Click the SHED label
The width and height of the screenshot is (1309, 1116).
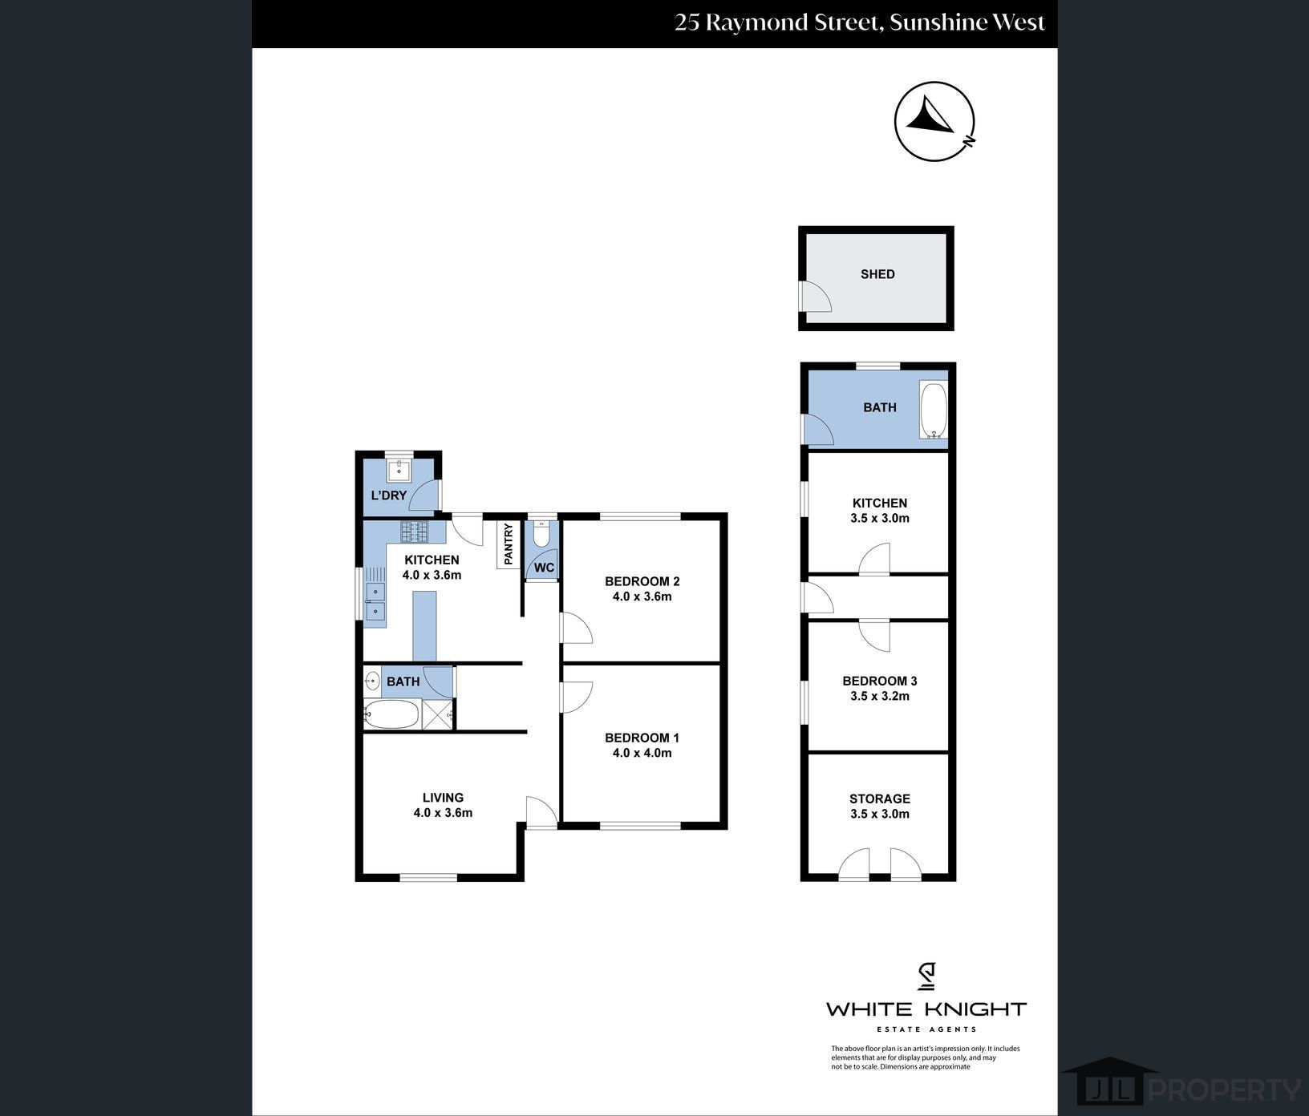[x=877, y=274]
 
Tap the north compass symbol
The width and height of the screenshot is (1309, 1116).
[x=934, y=122]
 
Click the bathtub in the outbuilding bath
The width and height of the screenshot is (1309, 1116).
[x=933, y=412]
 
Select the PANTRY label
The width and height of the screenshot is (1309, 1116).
[x=509, y=544]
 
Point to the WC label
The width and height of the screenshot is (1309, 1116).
[x=544, y=568]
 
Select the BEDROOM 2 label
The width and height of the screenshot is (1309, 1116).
[x=642, y=581]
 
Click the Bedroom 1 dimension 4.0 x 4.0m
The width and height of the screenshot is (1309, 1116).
[x=642, y=753]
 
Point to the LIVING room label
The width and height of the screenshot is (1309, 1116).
[x=444, y=798]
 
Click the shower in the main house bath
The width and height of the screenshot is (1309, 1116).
[x=437, y=714]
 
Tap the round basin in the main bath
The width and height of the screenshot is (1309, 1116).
[x=372, y=681]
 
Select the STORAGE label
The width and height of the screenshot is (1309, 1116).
[x=880, y=799]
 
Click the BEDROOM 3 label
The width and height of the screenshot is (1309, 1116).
[x=880, y=681]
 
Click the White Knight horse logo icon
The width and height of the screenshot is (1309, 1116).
[x=926, y=976]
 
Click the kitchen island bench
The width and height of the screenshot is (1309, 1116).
[x=424, y=627]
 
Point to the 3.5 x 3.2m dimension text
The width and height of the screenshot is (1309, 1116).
[x=880, y=696]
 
